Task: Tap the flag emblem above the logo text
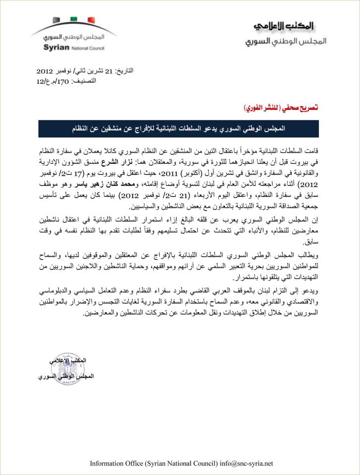[74, 21]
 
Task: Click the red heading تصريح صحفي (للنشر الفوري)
[282, 107]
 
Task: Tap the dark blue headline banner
[179, 128]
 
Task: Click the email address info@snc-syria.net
[247, 464]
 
